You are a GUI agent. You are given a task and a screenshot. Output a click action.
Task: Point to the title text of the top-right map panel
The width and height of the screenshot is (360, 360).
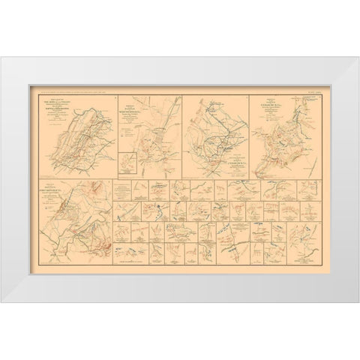[286, 106]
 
